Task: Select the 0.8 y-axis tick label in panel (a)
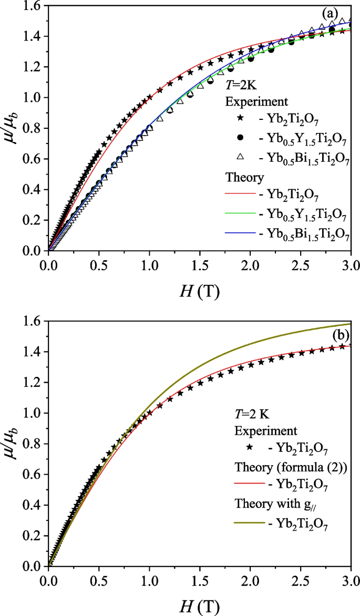click(30, 128)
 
